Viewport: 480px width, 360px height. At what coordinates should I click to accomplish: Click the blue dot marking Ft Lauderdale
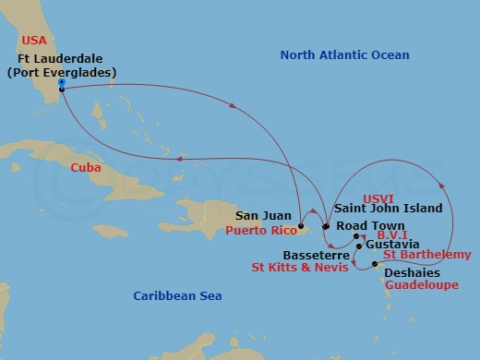tap(61, 82)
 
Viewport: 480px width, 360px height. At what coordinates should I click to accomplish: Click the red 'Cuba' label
tap(86, 167)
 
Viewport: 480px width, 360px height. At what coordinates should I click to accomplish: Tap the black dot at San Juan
tap(301, 225)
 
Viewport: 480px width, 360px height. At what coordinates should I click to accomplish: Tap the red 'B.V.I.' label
tap(395, 236)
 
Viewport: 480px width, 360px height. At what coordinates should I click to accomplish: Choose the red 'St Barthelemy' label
tap(426, 255)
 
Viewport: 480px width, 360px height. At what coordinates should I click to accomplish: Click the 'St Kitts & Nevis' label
tap(300, 268)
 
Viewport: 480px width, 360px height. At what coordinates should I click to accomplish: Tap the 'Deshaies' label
tap(411, 273)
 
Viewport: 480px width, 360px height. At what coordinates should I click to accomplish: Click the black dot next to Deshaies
tap(375, 265)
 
